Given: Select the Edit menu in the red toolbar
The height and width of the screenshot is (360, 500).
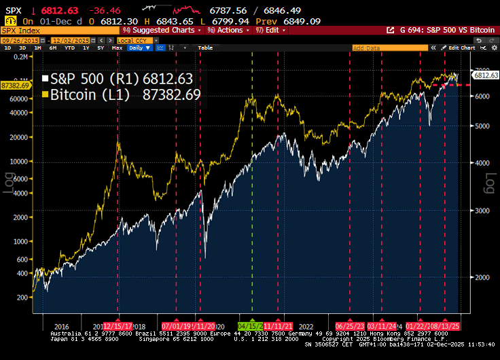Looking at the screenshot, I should [x=270, y=30].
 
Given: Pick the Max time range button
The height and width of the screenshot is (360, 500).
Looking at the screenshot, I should [x=117, y=48].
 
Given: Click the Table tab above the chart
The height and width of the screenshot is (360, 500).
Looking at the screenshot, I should [x=204, y=48].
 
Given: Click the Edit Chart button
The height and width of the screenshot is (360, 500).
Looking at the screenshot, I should [x=460, y=48].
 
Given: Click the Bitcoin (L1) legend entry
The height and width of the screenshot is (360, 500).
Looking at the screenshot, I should [x=122, y=94].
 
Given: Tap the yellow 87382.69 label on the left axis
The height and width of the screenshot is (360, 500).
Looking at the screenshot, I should [x=15, y=86].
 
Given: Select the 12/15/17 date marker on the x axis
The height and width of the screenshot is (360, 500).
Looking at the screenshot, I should [x=118, y=325].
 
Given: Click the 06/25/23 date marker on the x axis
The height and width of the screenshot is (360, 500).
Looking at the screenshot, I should [x=350, y=325].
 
